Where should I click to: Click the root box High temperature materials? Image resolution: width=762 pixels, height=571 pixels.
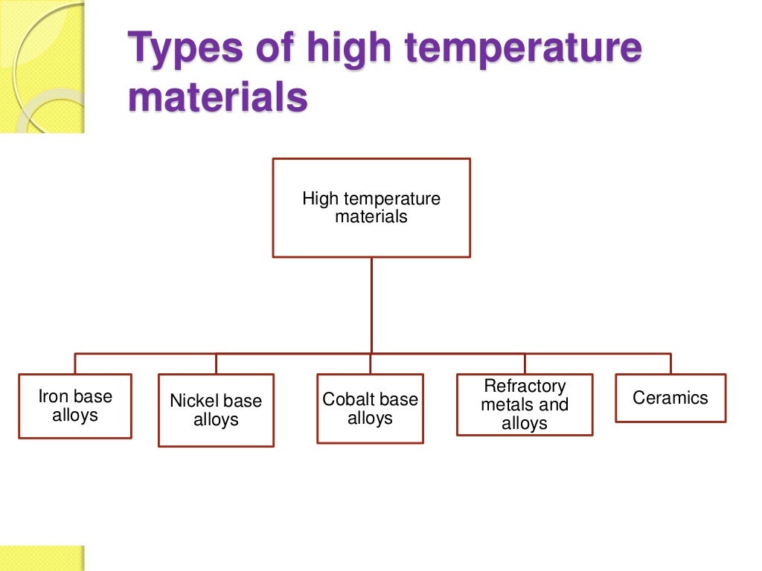tap(371, 208)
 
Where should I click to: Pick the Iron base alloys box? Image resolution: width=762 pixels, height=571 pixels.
tap(75, 406)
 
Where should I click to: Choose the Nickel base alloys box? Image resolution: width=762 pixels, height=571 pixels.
tap(216, 410)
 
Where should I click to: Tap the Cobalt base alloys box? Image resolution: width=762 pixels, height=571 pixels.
tap(370, 409)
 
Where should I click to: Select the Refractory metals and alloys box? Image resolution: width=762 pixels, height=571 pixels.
tap(525, 404)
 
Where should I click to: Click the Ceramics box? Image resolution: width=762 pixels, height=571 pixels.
tap(670, 398)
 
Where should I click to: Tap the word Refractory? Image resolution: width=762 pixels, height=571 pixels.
tap(525, 387)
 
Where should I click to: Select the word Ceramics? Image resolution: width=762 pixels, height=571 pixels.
tap(670, 398)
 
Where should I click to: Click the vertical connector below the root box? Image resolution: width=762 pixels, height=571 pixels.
tap(371, 305)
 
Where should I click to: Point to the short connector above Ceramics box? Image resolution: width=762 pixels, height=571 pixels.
tap(670, 364)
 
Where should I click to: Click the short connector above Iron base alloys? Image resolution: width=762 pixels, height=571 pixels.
tap(75, 364)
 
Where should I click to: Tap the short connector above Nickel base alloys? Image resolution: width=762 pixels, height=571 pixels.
tap(216, 364)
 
